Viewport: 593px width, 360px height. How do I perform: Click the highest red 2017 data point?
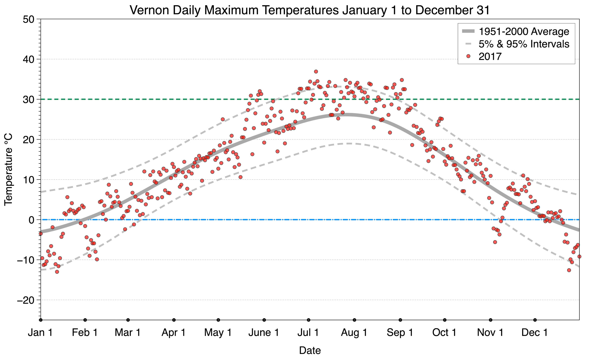click(316, 72)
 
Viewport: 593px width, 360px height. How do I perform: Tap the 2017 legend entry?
click(490, 57)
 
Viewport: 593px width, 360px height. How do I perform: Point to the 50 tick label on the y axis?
click(28, 19)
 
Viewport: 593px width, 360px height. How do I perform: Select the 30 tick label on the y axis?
click(28, 100)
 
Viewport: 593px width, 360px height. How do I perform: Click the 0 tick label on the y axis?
click(31, 220)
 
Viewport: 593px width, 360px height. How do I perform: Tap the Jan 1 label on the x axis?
click(40, 332)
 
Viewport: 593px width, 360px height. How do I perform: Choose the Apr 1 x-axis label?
click(173, 332)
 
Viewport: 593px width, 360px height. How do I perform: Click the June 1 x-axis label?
click(264, 332)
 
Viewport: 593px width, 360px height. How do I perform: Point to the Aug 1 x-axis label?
click(354, 332)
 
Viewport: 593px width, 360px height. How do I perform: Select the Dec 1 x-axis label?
click(534, 332)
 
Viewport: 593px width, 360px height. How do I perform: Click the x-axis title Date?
click(310, 350)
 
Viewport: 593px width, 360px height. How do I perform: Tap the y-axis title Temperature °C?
click(9, 169)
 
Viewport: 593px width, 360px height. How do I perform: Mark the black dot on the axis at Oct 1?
click(445, 320)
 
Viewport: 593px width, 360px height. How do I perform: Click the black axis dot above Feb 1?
click(85, 320)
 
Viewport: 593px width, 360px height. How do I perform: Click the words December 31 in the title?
click(452, 10)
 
